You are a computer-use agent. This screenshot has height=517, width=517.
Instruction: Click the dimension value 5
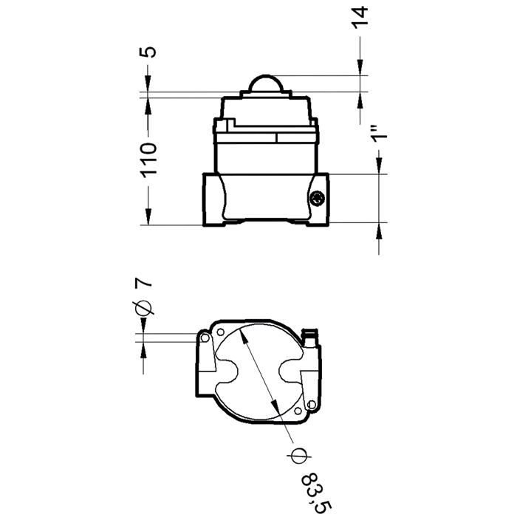pos(150,52)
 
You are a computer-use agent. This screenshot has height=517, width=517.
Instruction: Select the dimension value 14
pos(360,18)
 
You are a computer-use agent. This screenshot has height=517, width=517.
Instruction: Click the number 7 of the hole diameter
pos(144,283)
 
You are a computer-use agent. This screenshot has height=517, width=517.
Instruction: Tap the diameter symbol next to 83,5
pos(298,456)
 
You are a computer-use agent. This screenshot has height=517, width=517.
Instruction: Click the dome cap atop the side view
pos(265,83)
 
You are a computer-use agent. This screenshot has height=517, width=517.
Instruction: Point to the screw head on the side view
pos(317,198)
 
